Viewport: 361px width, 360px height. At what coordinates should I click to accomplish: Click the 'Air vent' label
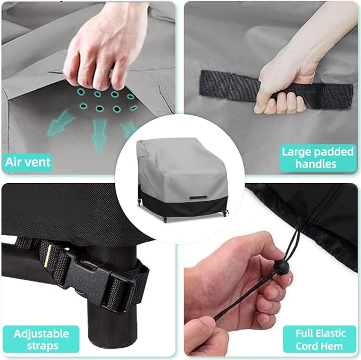click(x=28, y=162)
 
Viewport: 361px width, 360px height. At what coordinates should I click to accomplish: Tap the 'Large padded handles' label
click(x=318, y=158)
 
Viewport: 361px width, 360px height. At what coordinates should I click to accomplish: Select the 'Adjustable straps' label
click(x=41, y=339)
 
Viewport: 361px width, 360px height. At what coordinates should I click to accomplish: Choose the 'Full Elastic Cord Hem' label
click(x=320, y=339)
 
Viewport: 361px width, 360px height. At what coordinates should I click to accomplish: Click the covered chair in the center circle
click(x=182, y=180)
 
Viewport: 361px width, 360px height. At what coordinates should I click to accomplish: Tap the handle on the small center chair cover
click(x=198, y=198)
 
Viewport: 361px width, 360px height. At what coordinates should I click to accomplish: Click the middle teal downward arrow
click(x=99, y=134)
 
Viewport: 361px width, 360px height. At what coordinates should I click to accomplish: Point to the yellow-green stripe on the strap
click(x=47, y=258)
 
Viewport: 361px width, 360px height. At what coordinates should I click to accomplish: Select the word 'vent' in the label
click(x=40, y=162)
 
